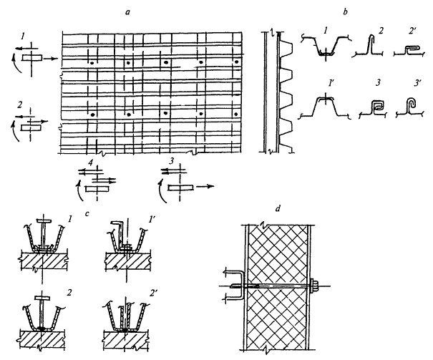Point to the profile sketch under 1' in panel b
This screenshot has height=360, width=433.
click(x=327, y=111)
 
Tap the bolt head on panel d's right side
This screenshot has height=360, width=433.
click(x=314, y=288)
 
